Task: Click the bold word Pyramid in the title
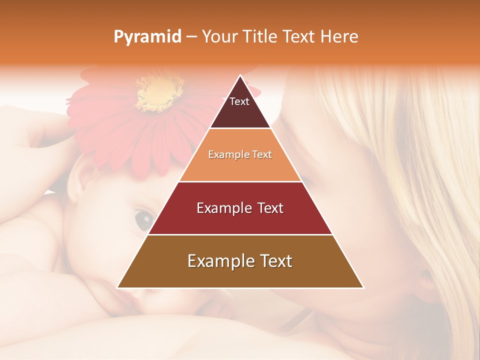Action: (147, 36)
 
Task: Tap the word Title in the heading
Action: (260, 36)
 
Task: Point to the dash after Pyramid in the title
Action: (191, 37)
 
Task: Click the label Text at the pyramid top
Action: (239, 101)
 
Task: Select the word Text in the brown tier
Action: (273, 261)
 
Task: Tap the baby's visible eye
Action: (144, 218)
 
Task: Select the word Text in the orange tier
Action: (262, 155)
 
